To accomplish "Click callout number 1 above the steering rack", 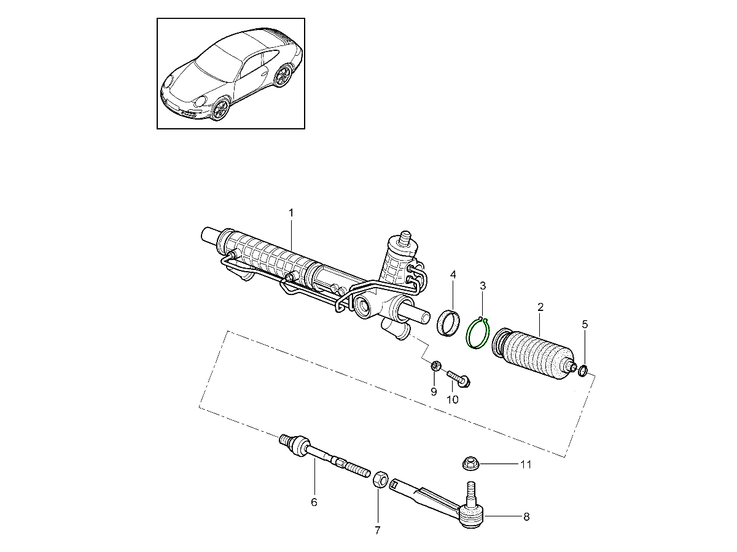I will coord(291,213).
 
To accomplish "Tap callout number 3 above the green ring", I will coord(483,286).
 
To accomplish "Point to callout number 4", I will coord(453,274).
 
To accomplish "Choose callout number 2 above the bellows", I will coord(540,307).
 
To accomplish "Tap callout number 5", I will coord(585,323).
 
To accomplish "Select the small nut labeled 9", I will coord(434,367).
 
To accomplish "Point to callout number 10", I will coord(452,400).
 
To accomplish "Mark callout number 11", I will coord(526,465).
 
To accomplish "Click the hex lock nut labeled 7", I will coord(380,478).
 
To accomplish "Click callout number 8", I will coord(526,517).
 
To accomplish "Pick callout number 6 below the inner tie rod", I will coord(314,502).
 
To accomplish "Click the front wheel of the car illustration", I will coord(220,110).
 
